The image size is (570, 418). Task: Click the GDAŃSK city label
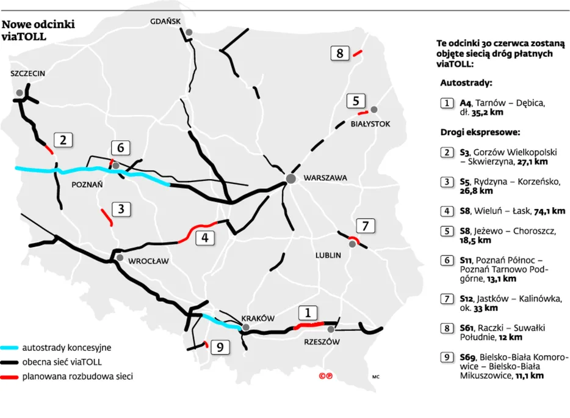166,21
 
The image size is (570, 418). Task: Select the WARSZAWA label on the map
325,178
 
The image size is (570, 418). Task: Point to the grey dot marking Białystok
374,109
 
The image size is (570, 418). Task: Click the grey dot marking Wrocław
120,258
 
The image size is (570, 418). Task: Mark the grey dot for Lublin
352,244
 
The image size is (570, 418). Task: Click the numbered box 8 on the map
339,53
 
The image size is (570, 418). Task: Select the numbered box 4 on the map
205,238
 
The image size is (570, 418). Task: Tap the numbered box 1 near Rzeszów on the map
308,313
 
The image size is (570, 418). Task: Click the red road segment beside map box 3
106,216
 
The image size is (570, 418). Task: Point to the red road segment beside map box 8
357,53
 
